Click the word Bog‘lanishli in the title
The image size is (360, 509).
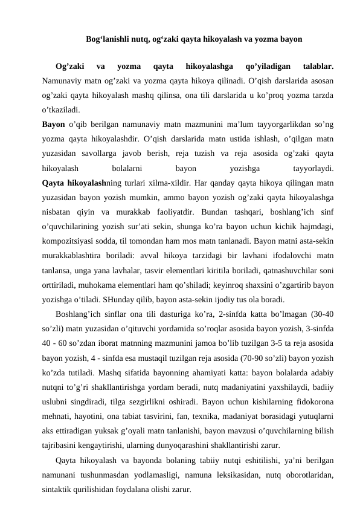[x=107, y=41]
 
